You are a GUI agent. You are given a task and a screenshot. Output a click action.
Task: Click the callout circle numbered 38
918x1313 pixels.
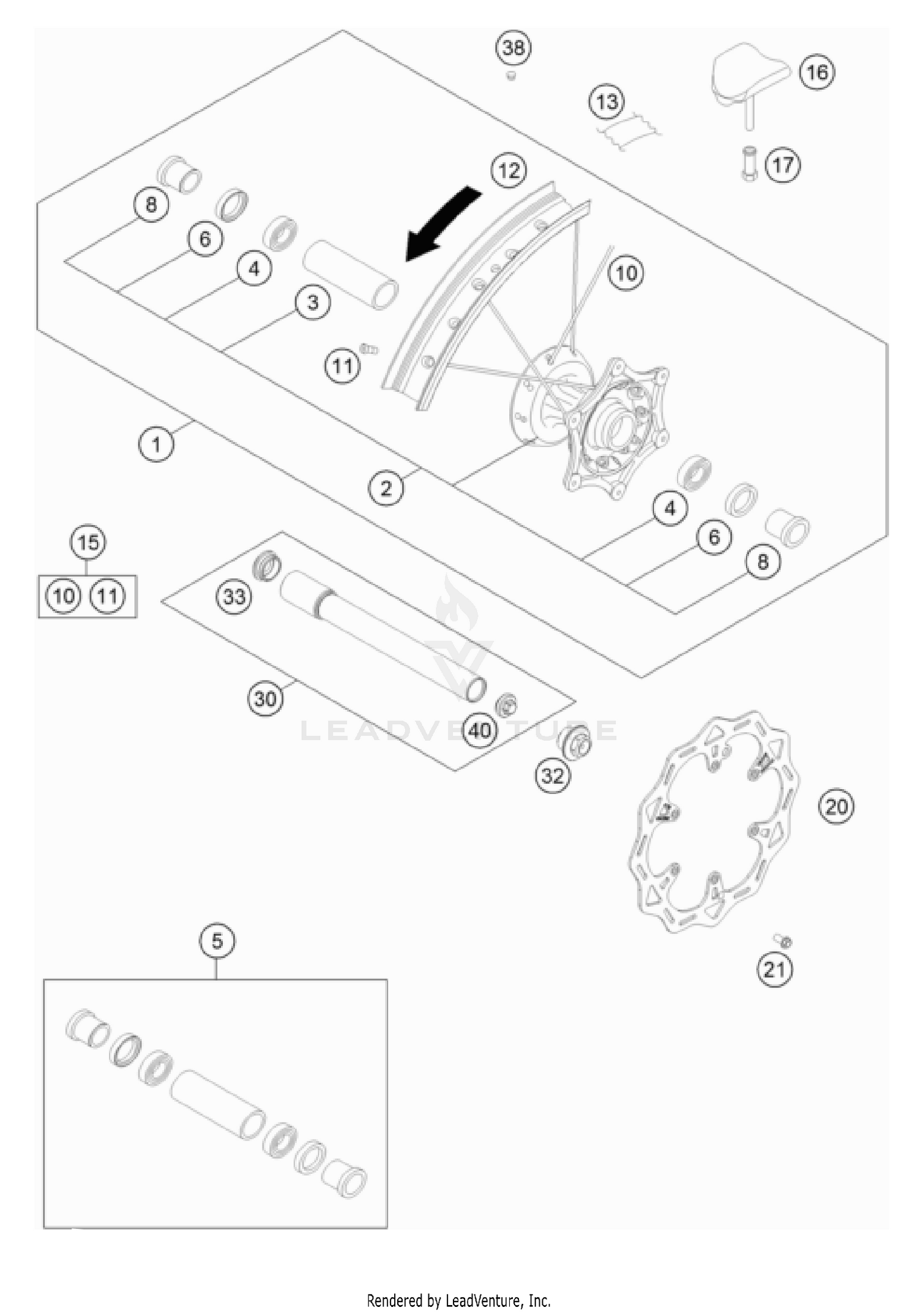tap(513, 47)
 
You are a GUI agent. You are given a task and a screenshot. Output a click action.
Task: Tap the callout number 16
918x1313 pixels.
tap(817, 72)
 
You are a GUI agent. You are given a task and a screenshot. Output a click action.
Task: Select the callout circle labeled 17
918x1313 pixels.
tap(782, 165)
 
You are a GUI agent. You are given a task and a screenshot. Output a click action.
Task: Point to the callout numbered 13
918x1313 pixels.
tap(606, 102)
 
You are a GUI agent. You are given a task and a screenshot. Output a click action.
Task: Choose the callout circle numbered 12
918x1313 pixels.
tap(509, 170)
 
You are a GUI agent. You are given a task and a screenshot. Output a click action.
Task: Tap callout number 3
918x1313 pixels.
tap(313, 302)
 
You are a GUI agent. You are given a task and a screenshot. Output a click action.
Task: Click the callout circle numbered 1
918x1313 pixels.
tap(156, 444)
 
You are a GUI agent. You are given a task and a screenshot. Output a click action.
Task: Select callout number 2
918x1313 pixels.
tap(386, 488)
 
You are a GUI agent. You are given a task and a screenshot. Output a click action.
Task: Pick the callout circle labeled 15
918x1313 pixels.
tap(88, 542)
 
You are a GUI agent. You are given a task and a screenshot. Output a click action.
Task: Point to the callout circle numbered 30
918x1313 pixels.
tap(265, 698)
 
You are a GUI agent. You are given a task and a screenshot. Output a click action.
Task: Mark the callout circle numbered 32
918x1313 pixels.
tap(553, 776)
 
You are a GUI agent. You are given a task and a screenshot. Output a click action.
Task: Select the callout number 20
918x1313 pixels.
tap(836, 806)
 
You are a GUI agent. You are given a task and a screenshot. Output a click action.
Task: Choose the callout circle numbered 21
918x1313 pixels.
tap(774, 969)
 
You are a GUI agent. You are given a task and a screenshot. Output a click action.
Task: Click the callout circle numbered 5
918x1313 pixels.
tap(217, 940)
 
